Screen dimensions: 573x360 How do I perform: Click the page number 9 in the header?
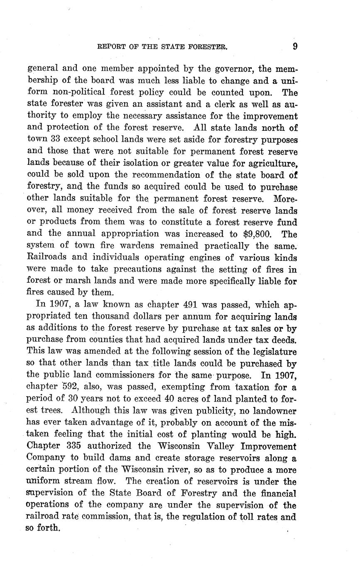coord(295,46)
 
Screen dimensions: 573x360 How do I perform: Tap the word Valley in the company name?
coord(235,446)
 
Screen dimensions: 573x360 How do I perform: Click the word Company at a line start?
coord(47,458)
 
